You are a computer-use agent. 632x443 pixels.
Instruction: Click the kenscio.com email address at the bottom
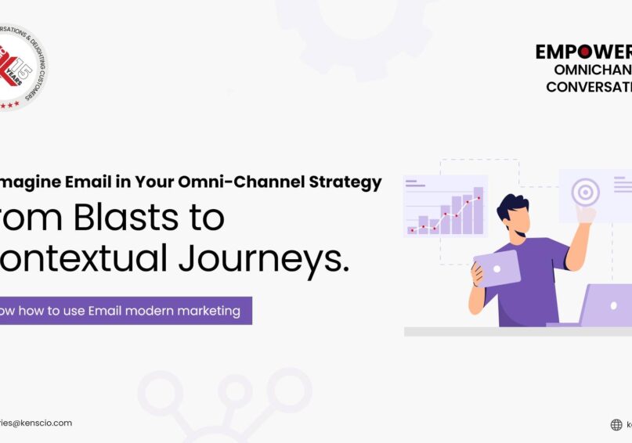pyautogui.click(x=35, y=423)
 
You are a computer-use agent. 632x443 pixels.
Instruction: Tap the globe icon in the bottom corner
pyautogui.click(x=616, y=425)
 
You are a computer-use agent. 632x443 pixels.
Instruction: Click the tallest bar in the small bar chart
pyautogui.click(x=478, y=211)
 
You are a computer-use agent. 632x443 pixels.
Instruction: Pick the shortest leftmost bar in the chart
pyautogui.click(x=412, y=229)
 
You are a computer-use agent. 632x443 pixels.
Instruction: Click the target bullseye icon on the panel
pyautogui.click(x=585, y=190)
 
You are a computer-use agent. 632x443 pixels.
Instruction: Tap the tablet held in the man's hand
pyautogui.click(x=497, y=267)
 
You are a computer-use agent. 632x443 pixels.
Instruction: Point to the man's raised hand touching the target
pyautogui.click(x=584, y=214)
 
